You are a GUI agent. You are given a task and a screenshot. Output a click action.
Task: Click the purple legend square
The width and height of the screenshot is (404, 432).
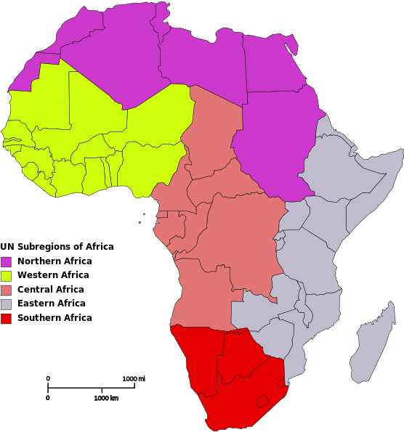[7, 261]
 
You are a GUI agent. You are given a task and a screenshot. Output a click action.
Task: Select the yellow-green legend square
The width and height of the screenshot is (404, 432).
[7, 276]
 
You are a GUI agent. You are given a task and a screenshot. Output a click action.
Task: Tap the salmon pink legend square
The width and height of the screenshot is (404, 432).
[7, 290]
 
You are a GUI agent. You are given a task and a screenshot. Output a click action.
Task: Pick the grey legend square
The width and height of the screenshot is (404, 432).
[7, 304]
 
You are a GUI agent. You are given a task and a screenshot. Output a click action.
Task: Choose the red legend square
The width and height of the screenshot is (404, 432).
[7, 319]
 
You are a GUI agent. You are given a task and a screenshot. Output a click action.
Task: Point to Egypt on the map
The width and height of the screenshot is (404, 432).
[272, 69]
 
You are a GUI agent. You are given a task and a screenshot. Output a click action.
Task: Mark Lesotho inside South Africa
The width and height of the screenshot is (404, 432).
[259, 400]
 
